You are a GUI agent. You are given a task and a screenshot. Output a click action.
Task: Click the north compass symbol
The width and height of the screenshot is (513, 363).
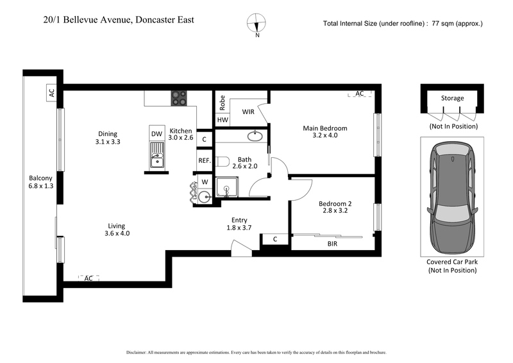[257, 23]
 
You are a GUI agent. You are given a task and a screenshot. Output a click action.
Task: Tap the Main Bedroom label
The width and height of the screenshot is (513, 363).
[325, 131]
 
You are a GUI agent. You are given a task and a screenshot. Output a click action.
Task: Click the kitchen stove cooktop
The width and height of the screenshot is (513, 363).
[179, 98]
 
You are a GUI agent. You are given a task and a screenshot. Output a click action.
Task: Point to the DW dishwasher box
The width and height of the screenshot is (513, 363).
[156, 133]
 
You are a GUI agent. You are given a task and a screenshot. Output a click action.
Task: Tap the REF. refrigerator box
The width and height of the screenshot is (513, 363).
[204, 160]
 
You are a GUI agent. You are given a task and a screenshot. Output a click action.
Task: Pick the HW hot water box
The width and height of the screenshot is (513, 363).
[223, 120]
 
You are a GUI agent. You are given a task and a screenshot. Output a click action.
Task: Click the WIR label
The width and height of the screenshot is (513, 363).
[249, 112]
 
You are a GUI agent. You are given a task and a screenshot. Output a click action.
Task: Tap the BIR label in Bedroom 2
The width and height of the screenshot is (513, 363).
[332, 244]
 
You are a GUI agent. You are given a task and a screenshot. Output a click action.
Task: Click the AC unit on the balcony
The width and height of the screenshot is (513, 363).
[51, 93]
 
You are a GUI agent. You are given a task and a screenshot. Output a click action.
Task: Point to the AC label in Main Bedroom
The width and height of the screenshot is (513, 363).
[360, 94]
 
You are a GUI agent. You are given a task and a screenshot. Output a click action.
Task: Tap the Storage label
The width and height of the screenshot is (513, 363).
[452, 98]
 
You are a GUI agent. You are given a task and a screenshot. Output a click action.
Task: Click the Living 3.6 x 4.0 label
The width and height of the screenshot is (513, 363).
[117, 230]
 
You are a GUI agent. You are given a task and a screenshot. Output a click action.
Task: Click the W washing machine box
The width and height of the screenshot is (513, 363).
[205, 181]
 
